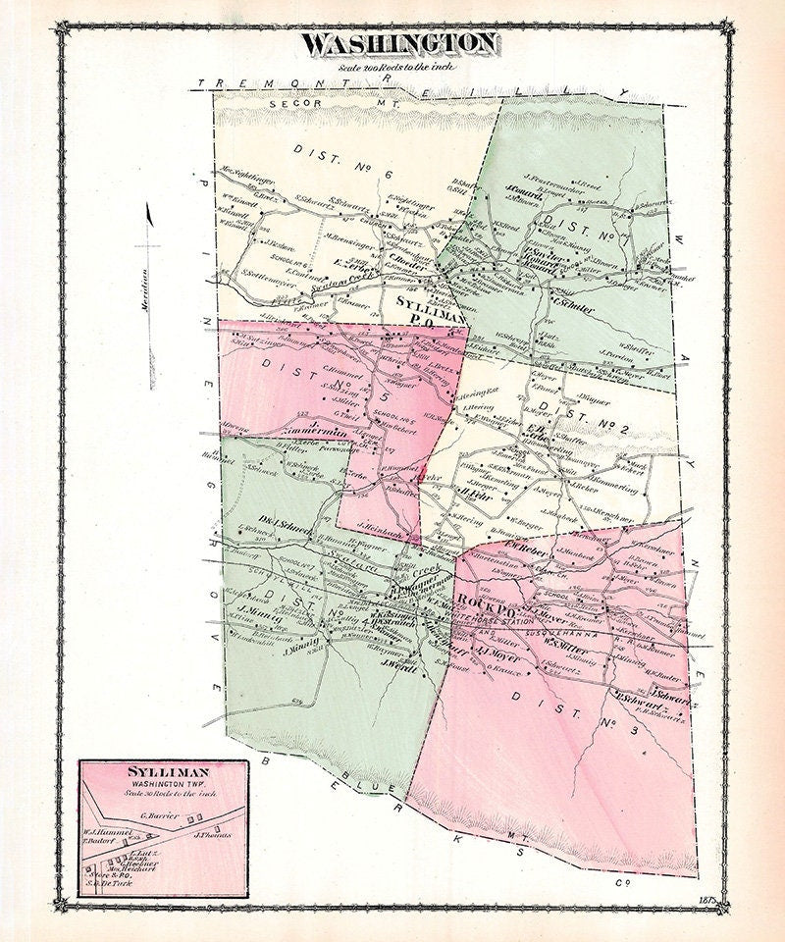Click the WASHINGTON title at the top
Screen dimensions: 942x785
[399, 43]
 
